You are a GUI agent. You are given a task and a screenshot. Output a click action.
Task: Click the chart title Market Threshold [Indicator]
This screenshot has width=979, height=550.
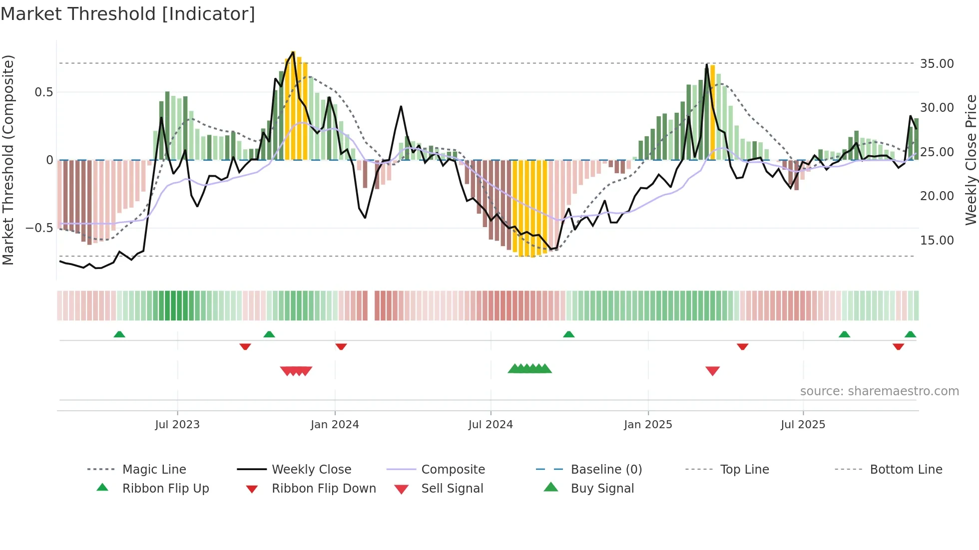128,14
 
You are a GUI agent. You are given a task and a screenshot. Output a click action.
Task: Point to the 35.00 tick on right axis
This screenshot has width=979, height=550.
937,64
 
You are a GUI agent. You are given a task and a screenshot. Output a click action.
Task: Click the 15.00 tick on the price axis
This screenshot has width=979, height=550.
937,241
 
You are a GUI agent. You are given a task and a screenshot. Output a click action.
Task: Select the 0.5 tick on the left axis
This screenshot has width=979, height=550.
43,92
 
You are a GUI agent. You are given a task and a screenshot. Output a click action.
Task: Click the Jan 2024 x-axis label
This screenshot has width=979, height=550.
335,425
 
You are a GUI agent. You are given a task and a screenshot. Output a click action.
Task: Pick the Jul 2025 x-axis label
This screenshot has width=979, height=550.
803,425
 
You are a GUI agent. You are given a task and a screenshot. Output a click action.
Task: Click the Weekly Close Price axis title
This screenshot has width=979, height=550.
971,160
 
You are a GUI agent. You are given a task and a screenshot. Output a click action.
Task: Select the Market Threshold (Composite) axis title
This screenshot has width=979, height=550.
8,160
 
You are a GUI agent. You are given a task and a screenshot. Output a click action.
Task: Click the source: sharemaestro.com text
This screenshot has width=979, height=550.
879,391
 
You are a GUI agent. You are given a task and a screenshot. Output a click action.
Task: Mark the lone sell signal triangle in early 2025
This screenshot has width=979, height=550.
712,371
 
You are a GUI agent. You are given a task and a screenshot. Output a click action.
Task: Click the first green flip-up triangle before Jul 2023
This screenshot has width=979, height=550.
119,334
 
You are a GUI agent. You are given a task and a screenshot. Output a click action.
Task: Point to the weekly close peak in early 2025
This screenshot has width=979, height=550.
707,64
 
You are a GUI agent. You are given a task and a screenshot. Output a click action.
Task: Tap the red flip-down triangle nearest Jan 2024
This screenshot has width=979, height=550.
341,346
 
